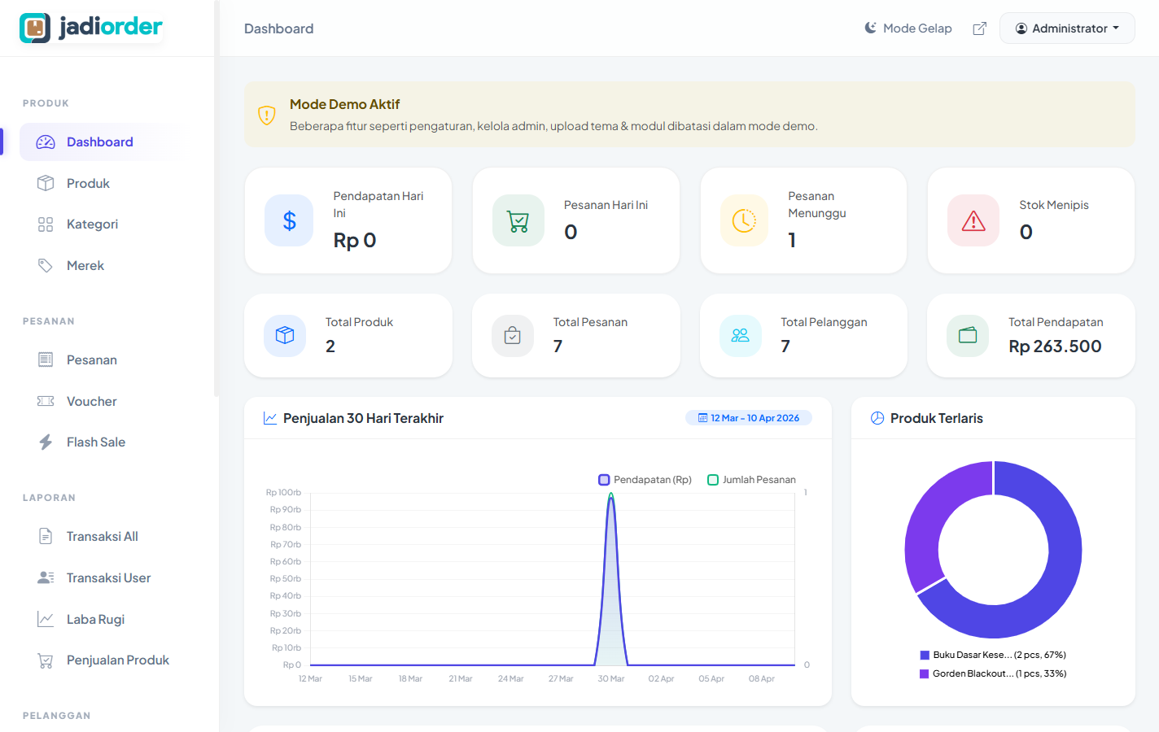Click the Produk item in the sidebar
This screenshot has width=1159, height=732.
pyautogui.click(x=88, y=183)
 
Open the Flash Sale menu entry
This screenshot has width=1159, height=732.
pyautogui.click(x=95, y=442)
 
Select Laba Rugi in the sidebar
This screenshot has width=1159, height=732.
pyautogui.click(x=95, y=619)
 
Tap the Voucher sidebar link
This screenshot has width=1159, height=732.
pyautogui.click(x=91, y=401)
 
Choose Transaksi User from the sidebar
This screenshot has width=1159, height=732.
pyautogui.click(x=108, y=577)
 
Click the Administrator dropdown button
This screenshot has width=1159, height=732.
pyautogui.click(x=1066, y=28)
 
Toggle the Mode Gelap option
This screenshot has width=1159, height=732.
pyautogui.click(x=908, y=28)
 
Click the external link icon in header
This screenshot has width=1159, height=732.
pyautogui.click(x=980, y=28)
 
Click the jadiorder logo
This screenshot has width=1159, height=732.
pyautogui.click(x=91, y=28)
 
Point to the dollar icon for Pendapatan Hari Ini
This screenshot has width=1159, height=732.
pyautogui.click(x=289, y=220)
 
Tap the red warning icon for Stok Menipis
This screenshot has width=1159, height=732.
pyautogui.click(x=973, y=220)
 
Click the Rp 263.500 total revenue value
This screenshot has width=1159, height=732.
pyautogui.click(x=1055, y=346)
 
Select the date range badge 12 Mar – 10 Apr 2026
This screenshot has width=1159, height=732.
pyautogui.click(x=749, y=418)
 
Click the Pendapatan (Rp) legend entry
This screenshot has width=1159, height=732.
pyautogui.click(x=645, y=480)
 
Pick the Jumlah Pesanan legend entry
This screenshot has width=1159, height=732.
pyautogui.click(x=752, y=480)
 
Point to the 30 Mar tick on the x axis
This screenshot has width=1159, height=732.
pyautogui.click(x=611, y=678)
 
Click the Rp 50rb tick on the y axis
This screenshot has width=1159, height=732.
pyautogui.click(x=286, y=578)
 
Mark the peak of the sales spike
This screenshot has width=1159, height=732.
pyautogui.click(x=611, y=495)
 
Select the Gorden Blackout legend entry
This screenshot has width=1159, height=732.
pyautogui.click(x=993, y=673)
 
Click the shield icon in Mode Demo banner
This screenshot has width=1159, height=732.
pyautogui.click(x=267, y=115)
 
